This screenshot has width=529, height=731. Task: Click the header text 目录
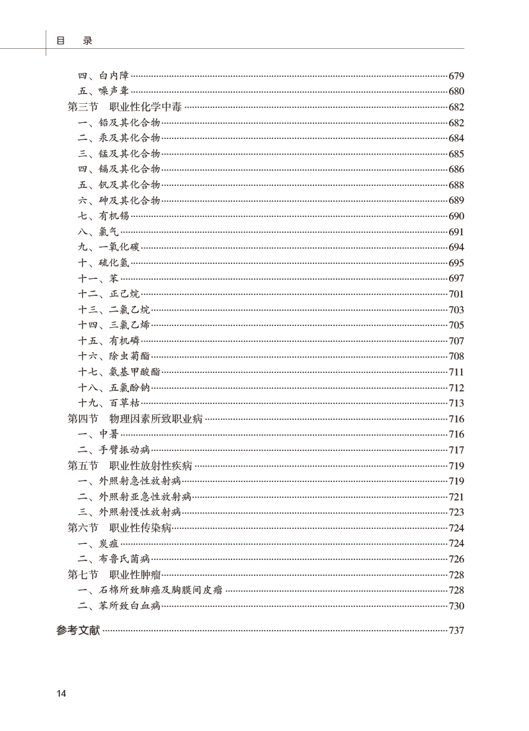click(74, 40)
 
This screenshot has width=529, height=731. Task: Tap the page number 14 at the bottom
click(61, 693)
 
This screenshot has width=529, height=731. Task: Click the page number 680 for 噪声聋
click(456, 92)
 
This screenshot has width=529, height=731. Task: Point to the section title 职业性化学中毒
click(145, 107)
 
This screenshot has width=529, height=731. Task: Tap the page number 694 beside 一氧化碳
click(456, 248)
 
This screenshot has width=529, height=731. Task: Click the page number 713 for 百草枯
click(456, 403)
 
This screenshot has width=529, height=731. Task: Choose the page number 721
click(456, 497)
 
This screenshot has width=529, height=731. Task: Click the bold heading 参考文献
click(78, 631)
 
